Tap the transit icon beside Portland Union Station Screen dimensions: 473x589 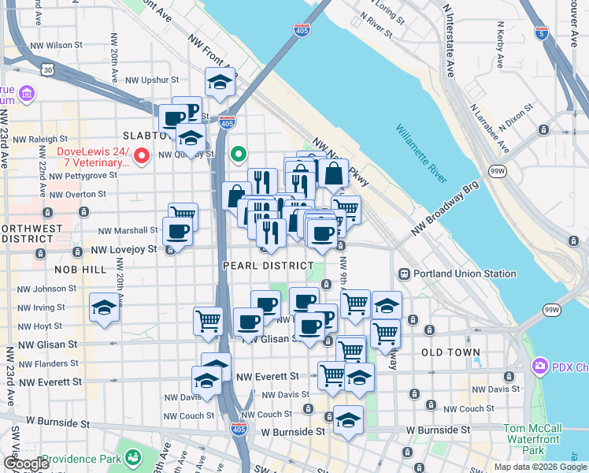pos(404,274)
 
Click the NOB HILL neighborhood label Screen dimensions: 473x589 pos(80,270)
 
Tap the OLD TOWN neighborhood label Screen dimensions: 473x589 pos(450,352)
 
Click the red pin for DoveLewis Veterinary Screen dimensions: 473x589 pos(142,155)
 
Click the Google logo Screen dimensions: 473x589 pos(25,464)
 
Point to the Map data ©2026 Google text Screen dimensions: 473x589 pos(539,467)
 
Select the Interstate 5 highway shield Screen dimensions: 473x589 pos(540,33)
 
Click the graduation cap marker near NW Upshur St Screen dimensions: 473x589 pos(220,82)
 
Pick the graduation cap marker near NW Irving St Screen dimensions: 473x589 pos(103,307)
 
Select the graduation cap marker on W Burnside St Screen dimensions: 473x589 pos(348,420)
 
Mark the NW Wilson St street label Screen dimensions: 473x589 pos(56,46)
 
